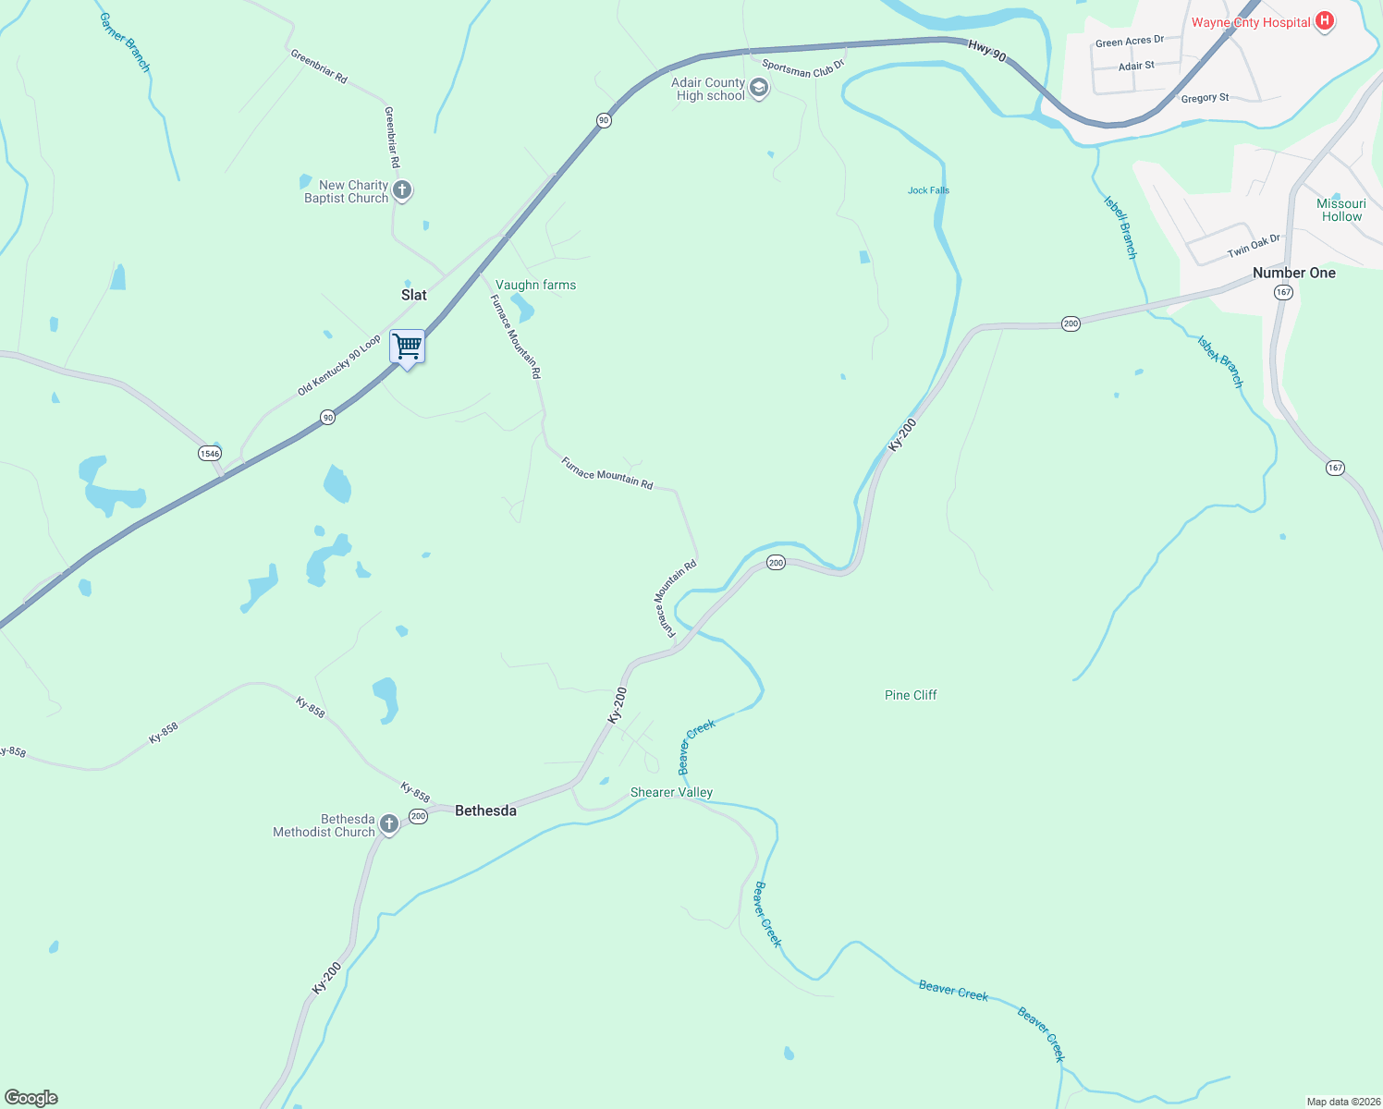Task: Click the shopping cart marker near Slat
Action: click(x=407, y=347)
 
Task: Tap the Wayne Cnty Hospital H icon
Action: click(x=1324, y=21)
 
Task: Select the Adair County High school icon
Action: click(x=759, y=89)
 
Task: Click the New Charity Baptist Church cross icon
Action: click(x=402, y=190)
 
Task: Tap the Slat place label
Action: click(x=414, y=295)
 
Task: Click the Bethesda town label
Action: click(x=485, y=810)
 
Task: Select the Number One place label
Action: click(x=1293, y=273)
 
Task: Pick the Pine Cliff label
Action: click(x=911, y=695)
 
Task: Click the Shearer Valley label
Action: click(x=671, y=792)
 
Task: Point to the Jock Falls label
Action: click(x=928, y=190)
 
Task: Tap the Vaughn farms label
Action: click(x=535, y=285)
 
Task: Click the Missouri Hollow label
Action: click(x=1341, y=210)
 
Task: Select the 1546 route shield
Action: click(x=210, y=453)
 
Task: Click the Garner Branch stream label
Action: click(x=125, y=43)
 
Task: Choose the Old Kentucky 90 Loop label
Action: click(x=339, y=366)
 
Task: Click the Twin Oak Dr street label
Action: click(x=1254, y=246)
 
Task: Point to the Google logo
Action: click(x=31, y=1098)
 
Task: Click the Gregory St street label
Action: click(x=1205, y=98)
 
